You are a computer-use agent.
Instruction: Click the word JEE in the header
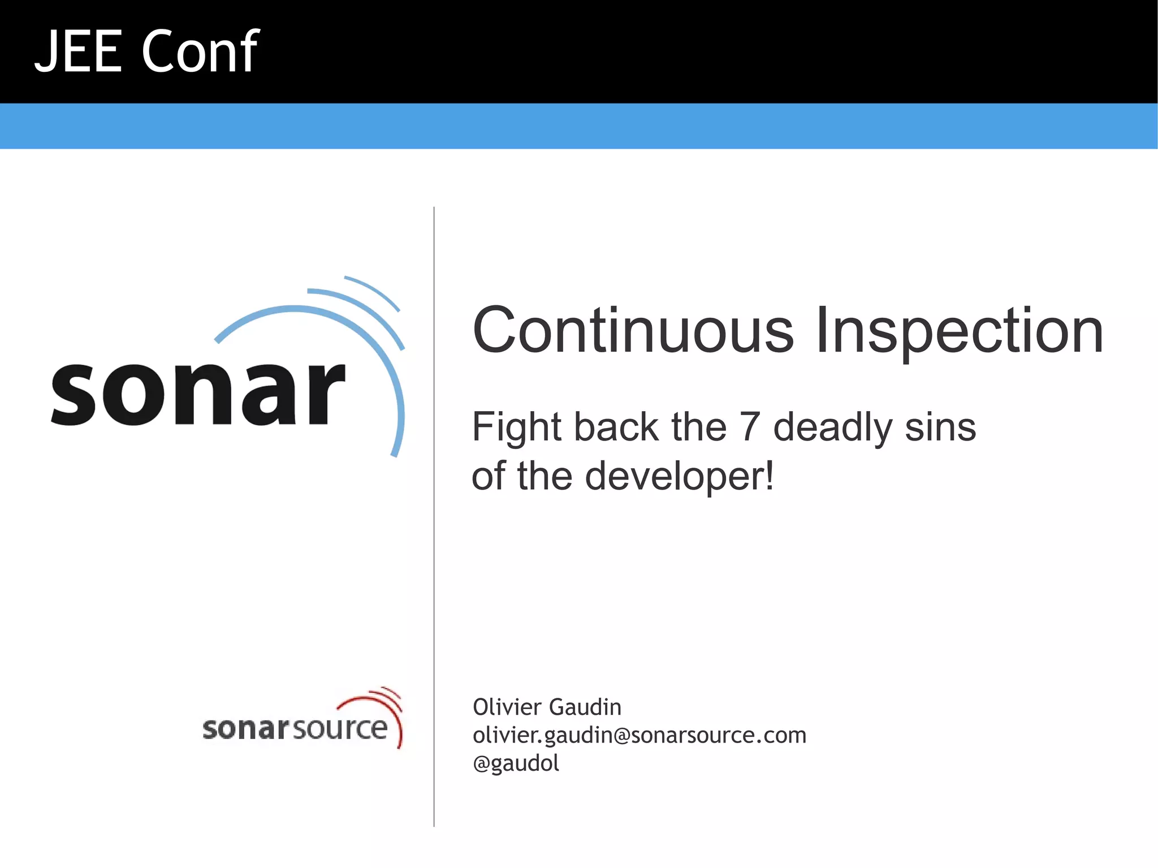pyautogui.click(x=78, y=52)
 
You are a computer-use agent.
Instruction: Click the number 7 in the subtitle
pyautogui.click(x=749, y=427)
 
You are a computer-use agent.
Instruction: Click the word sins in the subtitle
pyautogui.click(x=940, y=427)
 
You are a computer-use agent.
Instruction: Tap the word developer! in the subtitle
pyautogui.click(x=679, y=477)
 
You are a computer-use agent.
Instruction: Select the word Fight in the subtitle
pyautogui.click(x=517, y=427)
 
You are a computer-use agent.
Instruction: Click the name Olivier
pyautogui.click(x=507, y=707)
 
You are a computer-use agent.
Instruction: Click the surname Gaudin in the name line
pyautogui.click(x=585, y=707)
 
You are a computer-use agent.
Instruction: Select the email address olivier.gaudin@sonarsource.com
pyautogui.click(x=640, y=736)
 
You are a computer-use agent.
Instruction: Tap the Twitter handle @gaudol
pyautogui.click(x=516, y=763)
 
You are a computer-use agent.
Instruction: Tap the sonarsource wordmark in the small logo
pyautogui.click(x=294, y=728)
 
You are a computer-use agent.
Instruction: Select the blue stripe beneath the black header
pyautogui.click(x=579, y=126)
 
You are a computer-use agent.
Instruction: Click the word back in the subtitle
pyautogui.click(x=616, y=427)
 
